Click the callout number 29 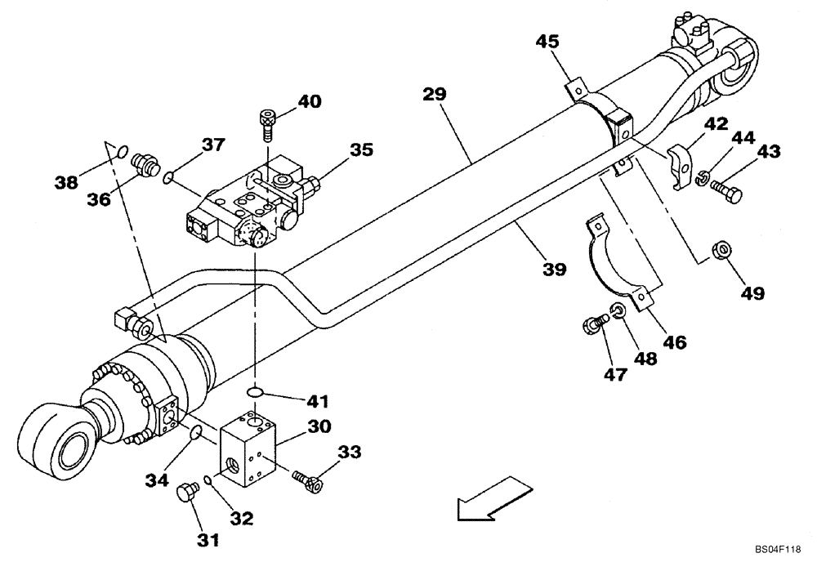pyautogui.click(x=434, y=94)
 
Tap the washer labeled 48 pyautogui.click(x=618, y=310)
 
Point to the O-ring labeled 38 pyautogui.click(x=120, y=150)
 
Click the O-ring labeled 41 pyautogui.click(x=257, y=394)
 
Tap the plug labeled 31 pyautogui.click(x=187, y=493)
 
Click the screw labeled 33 pyautogui.click(x=306, y=481)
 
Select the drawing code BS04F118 pyautogui.click(x=775, y=551)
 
